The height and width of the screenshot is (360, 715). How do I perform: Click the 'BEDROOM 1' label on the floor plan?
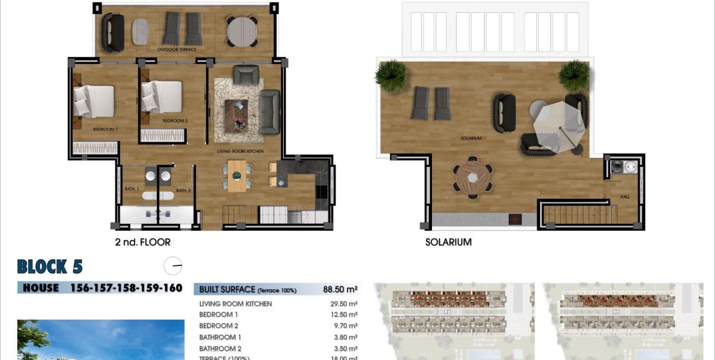(105, 129)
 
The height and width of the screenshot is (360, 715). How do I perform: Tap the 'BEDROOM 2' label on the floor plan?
(175, 120)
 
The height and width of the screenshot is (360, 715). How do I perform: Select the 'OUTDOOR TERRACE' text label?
(177, 49)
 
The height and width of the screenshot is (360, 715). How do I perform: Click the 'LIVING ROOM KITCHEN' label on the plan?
(240, 151)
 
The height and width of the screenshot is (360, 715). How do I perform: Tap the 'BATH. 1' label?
(132, 189)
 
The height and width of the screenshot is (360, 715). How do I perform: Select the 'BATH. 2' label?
(183, 191)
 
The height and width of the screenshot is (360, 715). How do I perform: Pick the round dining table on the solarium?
(472, 177)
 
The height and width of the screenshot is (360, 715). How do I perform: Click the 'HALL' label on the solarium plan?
(625, 197)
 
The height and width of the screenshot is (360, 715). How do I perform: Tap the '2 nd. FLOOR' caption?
(142, 242)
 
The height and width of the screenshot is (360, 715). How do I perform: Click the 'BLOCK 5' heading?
(50, 267)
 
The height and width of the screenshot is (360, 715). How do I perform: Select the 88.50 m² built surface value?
(340, 289)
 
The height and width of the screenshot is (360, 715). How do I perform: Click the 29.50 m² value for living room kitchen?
(343, 304)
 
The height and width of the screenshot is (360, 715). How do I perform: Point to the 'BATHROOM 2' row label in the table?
(220, 348)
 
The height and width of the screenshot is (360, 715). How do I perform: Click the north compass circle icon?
(173, 266)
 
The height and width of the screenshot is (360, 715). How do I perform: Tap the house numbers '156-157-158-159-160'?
(126, 287)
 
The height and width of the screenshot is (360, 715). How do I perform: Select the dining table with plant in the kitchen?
(237, 176)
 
